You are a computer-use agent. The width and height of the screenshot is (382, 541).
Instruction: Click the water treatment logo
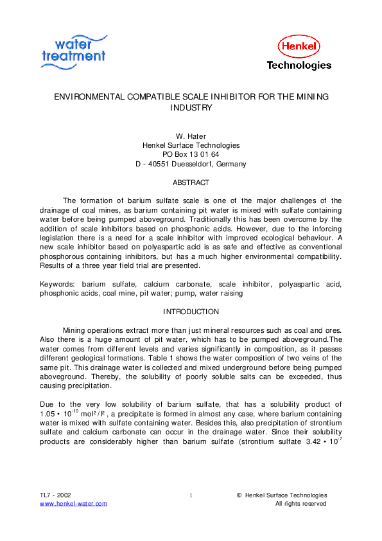(x=73, y=49)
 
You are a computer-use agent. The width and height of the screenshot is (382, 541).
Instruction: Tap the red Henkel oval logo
(x=299, y=46)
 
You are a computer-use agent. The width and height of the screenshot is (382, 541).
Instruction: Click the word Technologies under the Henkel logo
(x=299, y=66)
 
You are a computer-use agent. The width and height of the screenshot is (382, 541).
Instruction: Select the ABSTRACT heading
(x=191, y=182)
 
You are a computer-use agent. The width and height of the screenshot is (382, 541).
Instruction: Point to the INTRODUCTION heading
(x=191, y=312)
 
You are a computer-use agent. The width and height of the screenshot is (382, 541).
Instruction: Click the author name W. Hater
(x=191, y=136)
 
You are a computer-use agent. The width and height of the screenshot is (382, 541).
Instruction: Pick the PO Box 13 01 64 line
(x=191, y=155)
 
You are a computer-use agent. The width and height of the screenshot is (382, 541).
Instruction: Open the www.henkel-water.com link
(x=73, y=504)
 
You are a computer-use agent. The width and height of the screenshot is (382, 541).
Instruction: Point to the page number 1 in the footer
(x=191, y=495)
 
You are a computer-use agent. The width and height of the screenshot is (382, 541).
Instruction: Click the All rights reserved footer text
(x=301, y=504)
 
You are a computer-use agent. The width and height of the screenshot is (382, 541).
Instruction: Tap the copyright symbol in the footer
(x=239, y=495)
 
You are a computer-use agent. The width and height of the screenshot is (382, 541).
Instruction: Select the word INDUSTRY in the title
(x=191, y=108)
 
